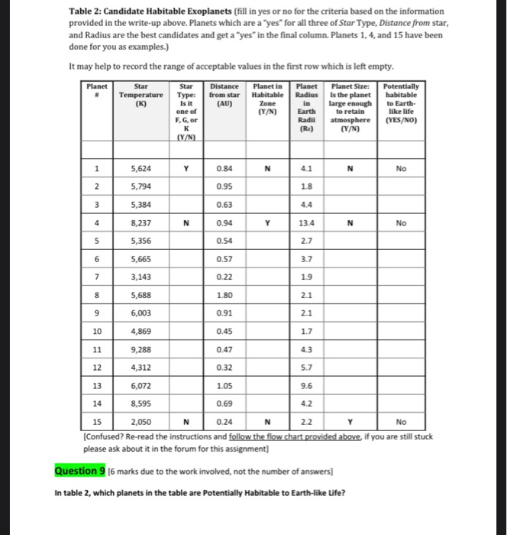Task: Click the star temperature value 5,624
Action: (x=140, y=170)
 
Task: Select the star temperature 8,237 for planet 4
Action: (x=140, y=224)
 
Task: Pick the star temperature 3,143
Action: (x=140, y=277)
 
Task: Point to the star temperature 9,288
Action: (x=140, y=349)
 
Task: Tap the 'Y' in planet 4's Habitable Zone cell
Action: (x=267, y=224)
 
